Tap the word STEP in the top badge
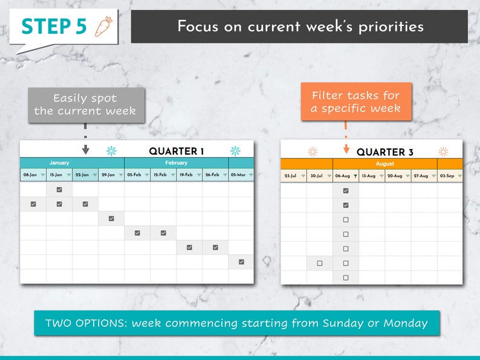click(44, 26)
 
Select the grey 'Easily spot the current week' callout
click(85, 104)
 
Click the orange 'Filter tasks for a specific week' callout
click(355, 102)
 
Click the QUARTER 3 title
click(385, 152)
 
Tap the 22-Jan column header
click(82, 175)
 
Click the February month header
click(176, 163)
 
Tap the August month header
click(385, 164)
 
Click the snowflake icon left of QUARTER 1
click(111, 151)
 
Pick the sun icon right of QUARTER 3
click(443, 152)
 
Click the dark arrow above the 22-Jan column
click(85, 149)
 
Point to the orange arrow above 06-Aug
click(346, 149)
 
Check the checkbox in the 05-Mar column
click(241, 262)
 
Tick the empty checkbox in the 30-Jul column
click(320, 263)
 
